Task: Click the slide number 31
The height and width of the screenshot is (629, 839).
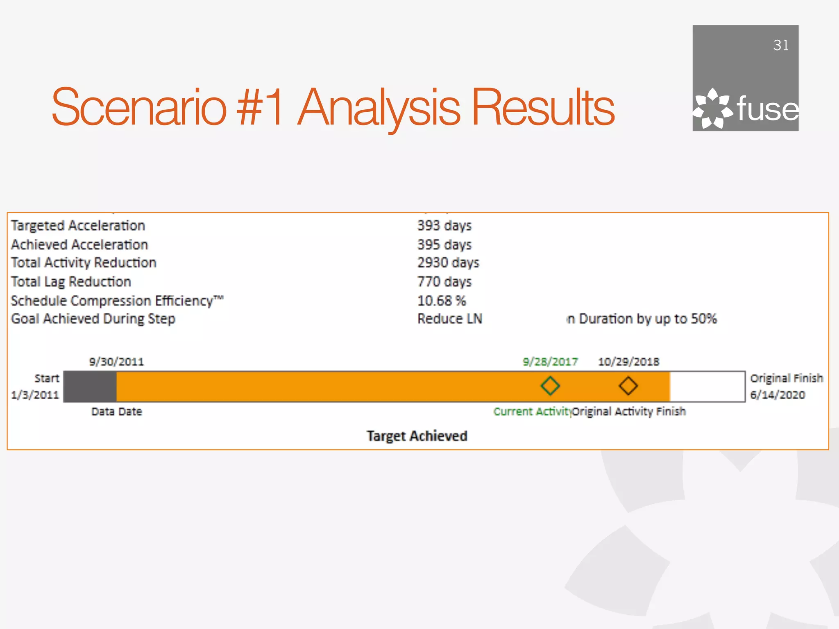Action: (x=781, y=45)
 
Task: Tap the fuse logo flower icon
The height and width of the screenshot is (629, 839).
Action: (x=712, y=109)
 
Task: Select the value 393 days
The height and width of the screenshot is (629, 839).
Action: (x=444, y=226)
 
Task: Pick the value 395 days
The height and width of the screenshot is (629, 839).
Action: (x=444, y=245)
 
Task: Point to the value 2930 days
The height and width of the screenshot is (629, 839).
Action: (x=448, y=263)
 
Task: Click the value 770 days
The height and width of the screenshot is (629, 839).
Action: (x=444, y=282)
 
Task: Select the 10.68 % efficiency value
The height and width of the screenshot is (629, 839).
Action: (x=441, y=301)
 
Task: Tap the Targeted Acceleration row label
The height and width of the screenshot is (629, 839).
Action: (x=78, y=226)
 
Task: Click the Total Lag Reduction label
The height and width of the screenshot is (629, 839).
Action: (x=71, y=282)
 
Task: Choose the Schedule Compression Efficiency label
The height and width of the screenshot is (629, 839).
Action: (x=117, y=301)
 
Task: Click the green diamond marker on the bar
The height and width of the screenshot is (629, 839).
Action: (x=550, y=386)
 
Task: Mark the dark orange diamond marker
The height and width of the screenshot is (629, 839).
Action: (x=628, y=386)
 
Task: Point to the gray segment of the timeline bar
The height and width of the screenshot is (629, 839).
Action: (x=90, y=387)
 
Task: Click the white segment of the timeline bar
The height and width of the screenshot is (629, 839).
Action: (x=707, y=387)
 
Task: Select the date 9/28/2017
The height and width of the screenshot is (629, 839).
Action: (x=550, y=362)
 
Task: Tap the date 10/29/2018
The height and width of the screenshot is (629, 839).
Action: (x=628, y=362)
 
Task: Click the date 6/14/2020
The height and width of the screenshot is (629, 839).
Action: (x=777, y=395)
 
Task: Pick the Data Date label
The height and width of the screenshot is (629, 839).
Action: (x=116, y=412)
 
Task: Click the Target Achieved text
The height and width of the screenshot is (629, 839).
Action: (x=417, y=436)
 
